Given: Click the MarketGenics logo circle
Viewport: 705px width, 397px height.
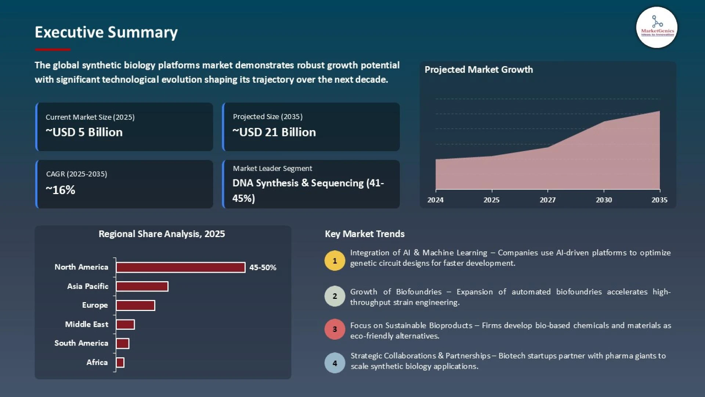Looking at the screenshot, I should [657, 28].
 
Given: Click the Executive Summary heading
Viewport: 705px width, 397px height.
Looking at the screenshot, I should [106, 32].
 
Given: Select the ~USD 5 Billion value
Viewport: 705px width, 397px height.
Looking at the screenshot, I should [84, 132].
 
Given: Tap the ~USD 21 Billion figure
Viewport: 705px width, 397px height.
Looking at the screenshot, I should [274, 132].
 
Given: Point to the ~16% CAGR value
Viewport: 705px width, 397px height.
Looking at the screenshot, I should [61, 190].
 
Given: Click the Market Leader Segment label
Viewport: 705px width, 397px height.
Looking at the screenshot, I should [272, 168].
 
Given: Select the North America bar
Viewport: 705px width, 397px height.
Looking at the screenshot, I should [180, 267].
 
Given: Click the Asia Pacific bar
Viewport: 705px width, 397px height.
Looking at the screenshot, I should [142, 286].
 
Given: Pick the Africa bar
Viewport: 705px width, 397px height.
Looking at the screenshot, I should [120, 362].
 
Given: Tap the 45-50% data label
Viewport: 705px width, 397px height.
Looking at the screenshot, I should [263, 268].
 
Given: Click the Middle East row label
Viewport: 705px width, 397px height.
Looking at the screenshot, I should [87, 324].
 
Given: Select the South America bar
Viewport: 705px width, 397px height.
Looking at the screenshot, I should [123, 343].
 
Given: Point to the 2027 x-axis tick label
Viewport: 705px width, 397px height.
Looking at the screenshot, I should [547, 200].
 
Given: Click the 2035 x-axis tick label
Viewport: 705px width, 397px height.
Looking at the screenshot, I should [659, 200].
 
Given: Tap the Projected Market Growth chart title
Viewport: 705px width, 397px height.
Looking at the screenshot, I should [478, 70].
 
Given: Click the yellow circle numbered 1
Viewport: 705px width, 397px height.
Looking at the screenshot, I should [335, 261].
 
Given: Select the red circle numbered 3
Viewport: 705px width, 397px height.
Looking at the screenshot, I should [335, 329].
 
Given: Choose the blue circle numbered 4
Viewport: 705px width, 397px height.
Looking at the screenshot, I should [335, 363].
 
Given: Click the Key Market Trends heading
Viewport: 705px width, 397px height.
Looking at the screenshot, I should [365, 234].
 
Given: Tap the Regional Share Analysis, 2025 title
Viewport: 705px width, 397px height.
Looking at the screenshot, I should [162, 234].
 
